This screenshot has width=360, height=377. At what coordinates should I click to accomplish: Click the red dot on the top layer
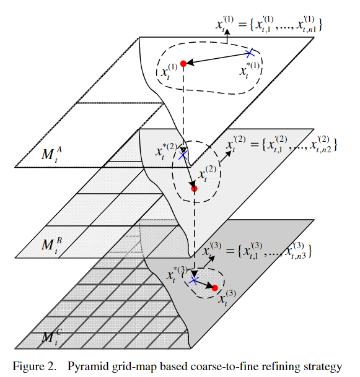(x=183, y=64)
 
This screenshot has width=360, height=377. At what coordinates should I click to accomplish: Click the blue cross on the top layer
(x=250, y=53)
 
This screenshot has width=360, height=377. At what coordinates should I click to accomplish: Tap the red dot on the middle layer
(x=194, y=189)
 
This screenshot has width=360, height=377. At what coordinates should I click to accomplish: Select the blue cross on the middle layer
(x=183, y=155)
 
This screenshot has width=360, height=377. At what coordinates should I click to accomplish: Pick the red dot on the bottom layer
(x=215, y=288)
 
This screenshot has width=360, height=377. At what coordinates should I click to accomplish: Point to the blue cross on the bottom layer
(x=194, y=280)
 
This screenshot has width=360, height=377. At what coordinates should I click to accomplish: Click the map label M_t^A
(x=51, y=154)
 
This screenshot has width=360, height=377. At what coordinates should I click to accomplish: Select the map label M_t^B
(x=51, y=245)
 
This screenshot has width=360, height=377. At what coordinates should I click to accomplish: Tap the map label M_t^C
(x=51, y=337)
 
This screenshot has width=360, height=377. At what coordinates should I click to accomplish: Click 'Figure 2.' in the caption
(x=35, y=366)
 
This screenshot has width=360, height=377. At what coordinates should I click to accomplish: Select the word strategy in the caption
(x=323, y=367)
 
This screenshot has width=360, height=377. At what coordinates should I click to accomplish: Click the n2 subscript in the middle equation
(x=327, y=150)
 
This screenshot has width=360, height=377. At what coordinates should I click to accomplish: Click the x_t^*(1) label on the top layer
(x=250, y=70)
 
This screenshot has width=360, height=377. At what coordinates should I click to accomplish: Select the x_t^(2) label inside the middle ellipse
(x=207, y=173)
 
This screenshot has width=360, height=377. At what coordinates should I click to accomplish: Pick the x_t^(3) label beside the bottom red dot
(x=227, y=298)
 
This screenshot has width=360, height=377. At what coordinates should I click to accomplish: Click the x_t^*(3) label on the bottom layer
(x=177, y=275)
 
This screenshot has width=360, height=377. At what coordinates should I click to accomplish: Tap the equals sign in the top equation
(x=242, y=24)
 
